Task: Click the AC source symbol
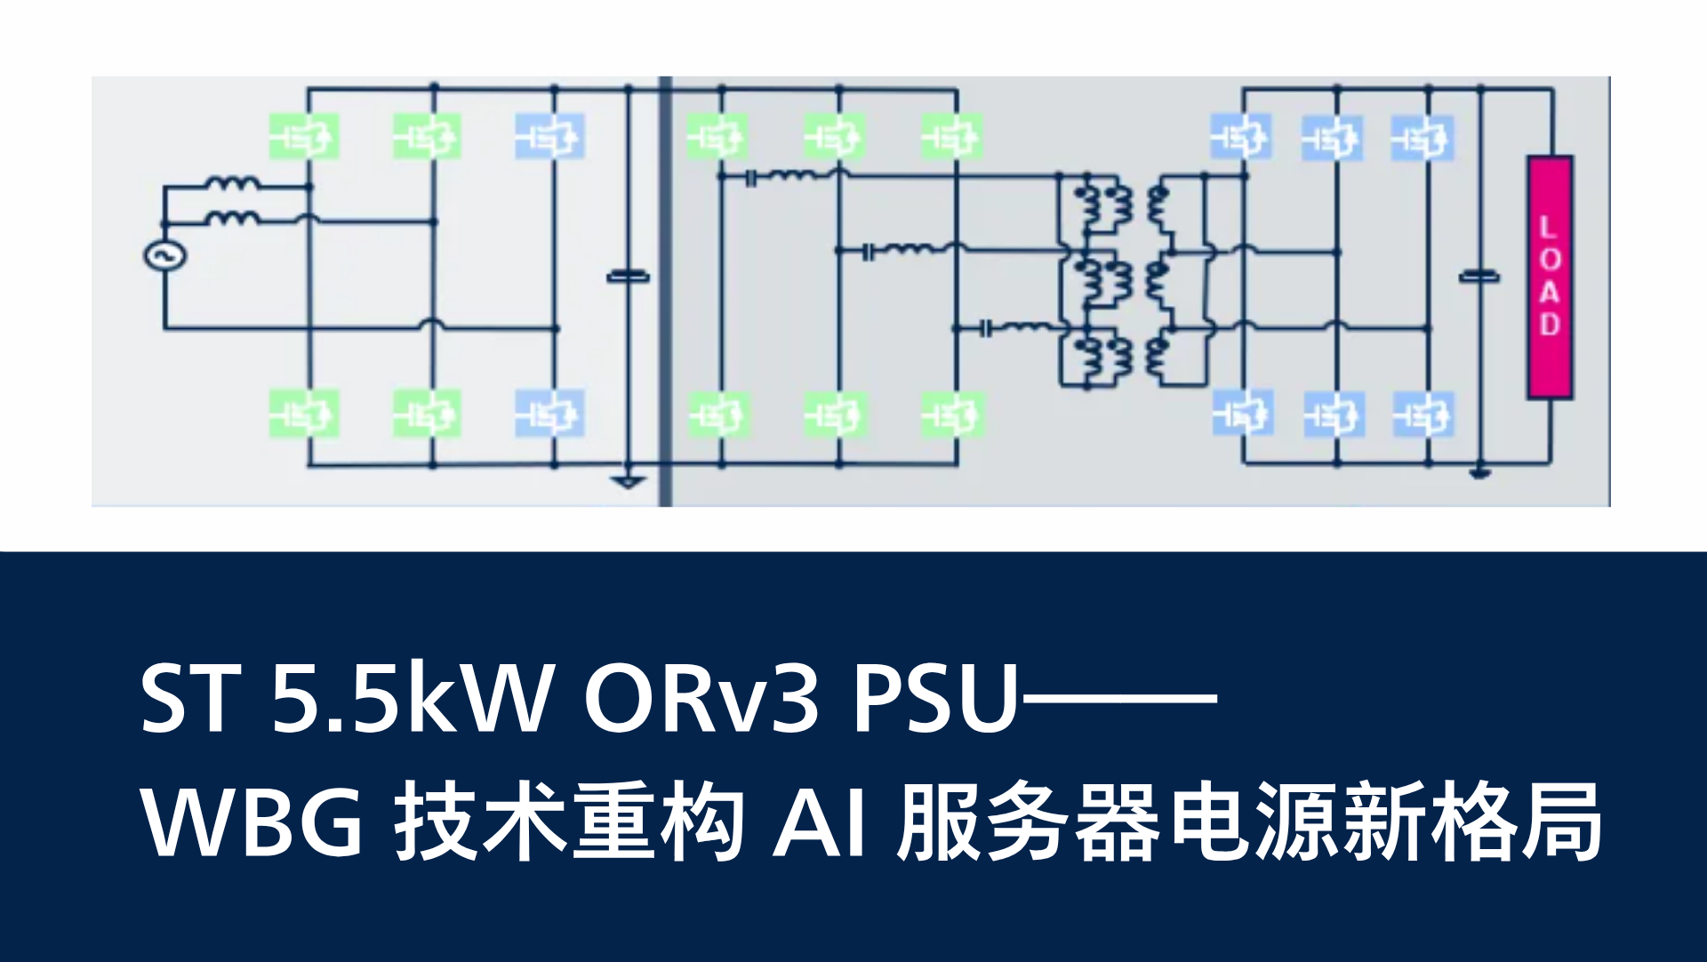coord(164,256)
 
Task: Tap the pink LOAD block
coord(1550,277)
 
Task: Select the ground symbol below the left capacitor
coord(629,481)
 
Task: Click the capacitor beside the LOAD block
coord(1479,277)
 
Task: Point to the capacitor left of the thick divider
coord(629,277)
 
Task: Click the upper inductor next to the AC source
coord(233,184)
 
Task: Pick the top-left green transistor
coord(304,137)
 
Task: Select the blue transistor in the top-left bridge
coord(550,137)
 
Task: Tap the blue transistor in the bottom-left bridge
coord(550,413)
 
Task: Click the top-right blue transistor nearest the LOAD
coord(1422,138)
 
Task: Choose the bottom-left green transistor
coord(304,413)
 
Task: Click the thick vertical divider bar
coord(665,292)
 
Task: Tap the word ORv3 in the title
coord(701,699)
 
